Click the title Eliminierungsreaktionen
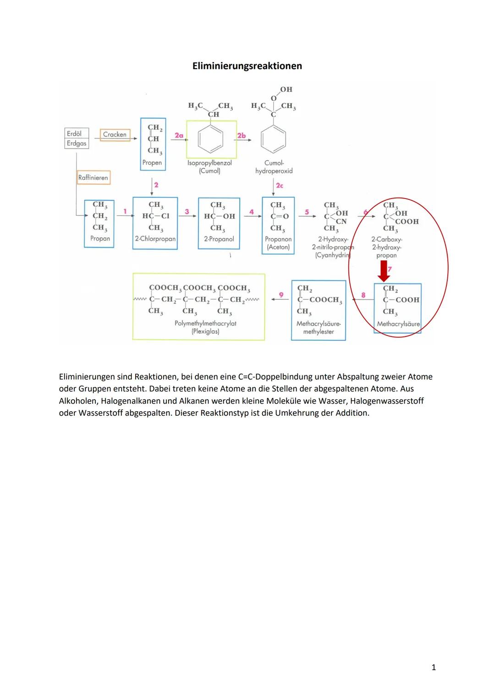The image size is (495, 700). coord(247,66)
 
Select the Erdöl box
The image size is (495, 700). coord(75,133)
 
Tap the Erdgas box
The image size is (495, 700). coord(77,143)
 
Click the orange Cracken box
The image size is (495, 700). coord(115,134)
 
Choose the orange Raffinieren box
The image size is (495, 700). coord(93,177)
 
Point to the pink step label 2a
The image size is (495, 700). coord(179,135)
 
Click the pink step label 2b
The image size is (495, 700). coord(242,135)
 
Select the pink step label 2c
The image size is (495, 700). coord(279,185)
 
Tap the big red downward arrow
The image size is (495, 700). coord(384,272)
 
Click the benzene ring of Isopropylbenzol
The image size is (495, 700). coord(211,138)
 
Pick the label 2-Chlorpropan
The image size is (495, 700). coord(155,239)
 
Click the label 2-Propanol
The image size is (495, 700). coord(219,239)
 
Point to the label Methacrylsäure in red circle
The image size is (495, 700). coord(398,324)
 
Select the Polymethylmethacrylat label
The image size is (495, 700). coord(205,323)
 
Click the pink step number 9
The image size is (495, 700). coord(281,295)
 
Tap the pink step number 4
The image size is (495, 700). coord(252,212)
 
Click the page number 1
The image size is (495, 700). coord(434,667)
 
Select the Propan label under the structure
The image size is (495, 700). coord(100,238)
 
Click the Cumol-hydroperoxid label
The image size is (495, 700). coord(274,167)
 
